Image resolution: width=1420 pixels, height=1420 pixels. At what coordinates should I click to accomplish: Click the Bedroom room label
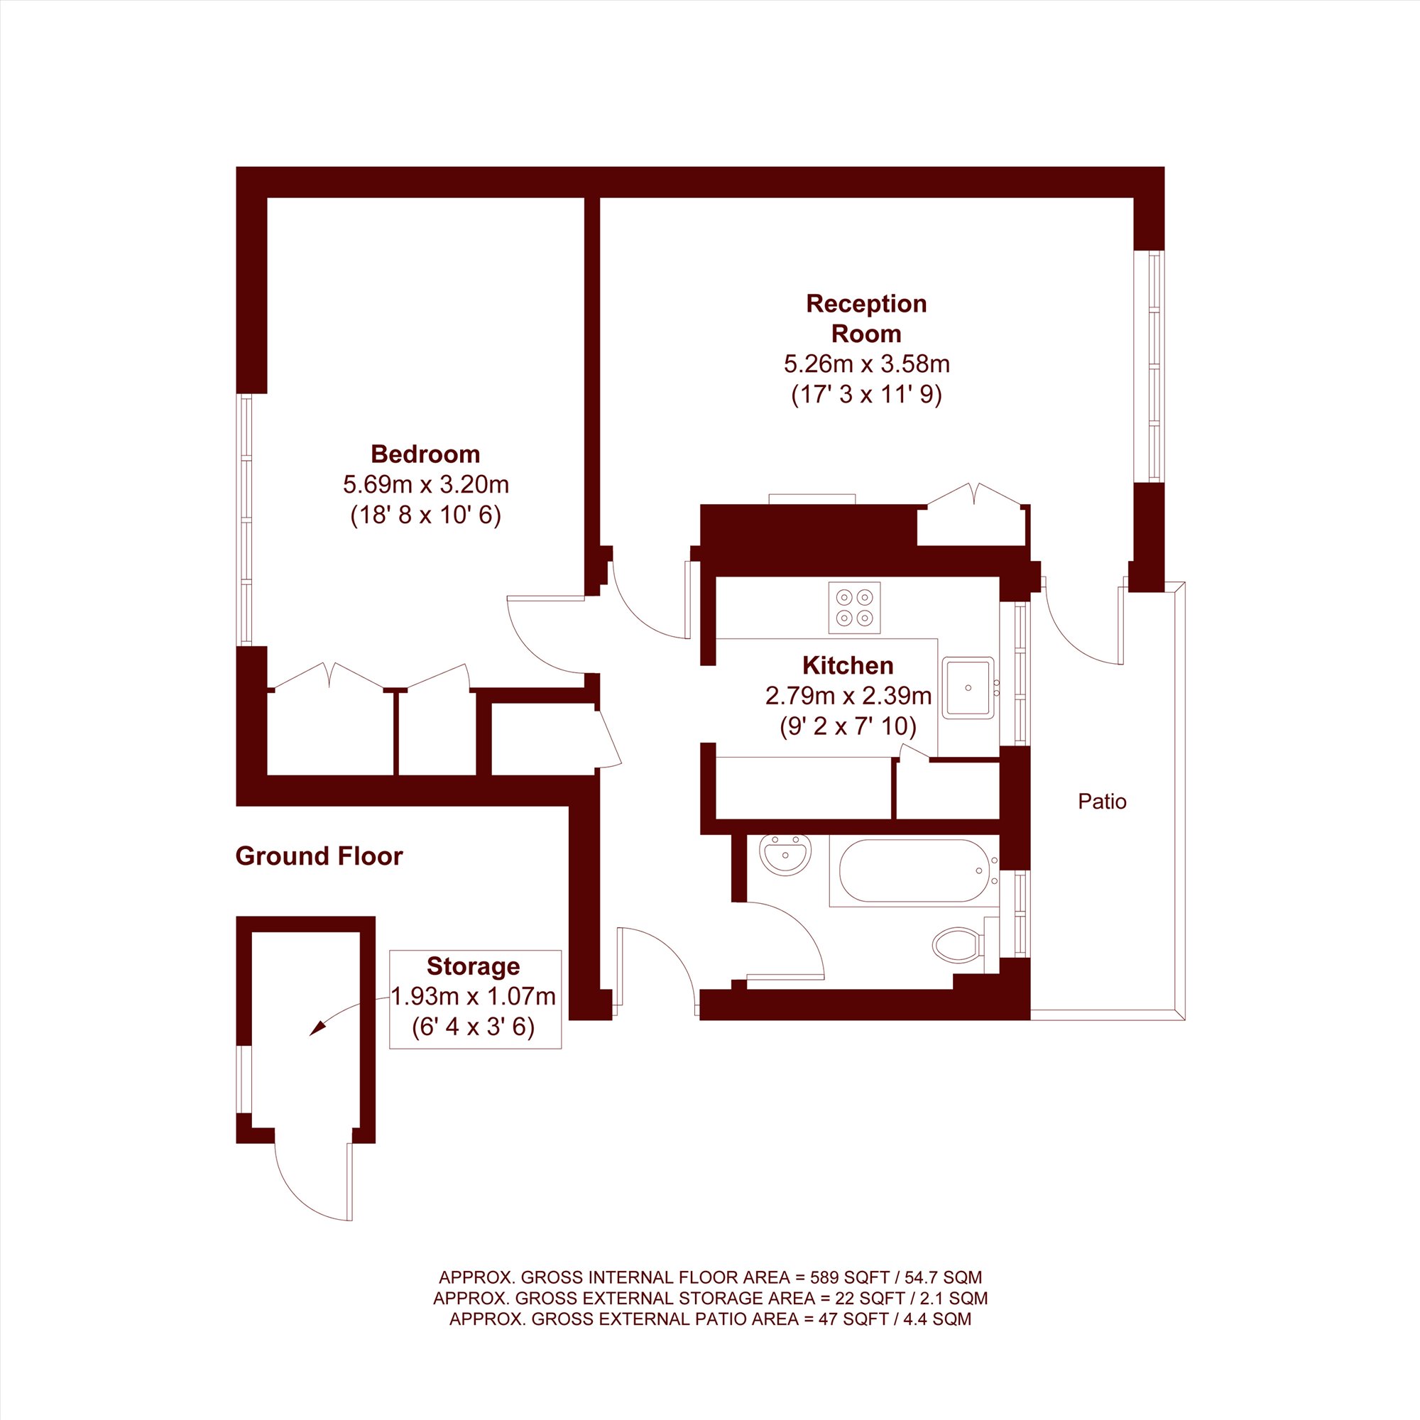coord(425,454)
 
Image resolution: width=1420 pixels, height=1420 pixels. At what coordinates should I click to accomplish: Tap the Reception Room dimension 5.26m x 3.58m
coord(866,364)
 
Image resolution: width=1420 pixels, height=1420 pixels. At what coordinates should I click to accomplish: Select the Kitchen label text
coord(848,665)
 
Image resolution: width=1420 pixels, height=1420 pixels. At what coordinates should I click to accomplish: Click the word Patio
coord(1102,801)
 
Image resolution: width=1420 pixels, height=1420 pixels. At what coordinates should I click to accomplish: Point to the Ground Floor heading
coord(319,856)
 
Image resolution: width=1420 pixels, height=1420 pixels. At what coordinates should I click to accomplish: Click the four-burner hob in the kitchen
coord(854,608)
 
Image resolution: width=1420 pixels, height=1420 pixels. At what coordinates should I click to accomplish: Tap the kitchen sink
coord(968,687)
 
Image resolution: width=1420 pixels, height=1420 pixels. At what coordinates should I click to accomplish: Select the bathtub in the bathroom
coord(913,871)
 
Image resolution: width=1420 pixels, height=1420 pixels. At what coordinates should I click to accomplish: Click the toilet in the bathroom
coord(958,944)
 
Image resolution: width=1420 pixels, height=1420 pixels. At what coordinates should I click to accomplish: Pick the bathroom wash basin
coord(785,855)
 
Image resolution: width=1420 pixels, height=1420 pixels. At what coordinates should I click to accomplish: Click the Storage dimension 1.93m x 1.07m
coord(474,997)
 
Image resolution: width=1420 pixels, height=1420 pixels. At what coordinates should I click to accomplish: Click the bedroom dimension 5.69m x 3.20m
coord(425,484)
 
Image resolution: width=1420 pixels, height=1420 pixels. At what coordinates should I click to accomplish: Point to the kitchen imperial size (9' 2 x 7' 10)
coord(848,727)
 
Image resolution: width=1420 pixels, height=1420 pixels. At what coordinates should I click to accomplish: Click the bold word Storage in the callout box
coord(474,966)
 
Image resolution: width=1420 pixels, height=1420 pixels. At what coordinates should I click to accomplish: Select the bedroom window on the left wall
coord(244,520)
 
